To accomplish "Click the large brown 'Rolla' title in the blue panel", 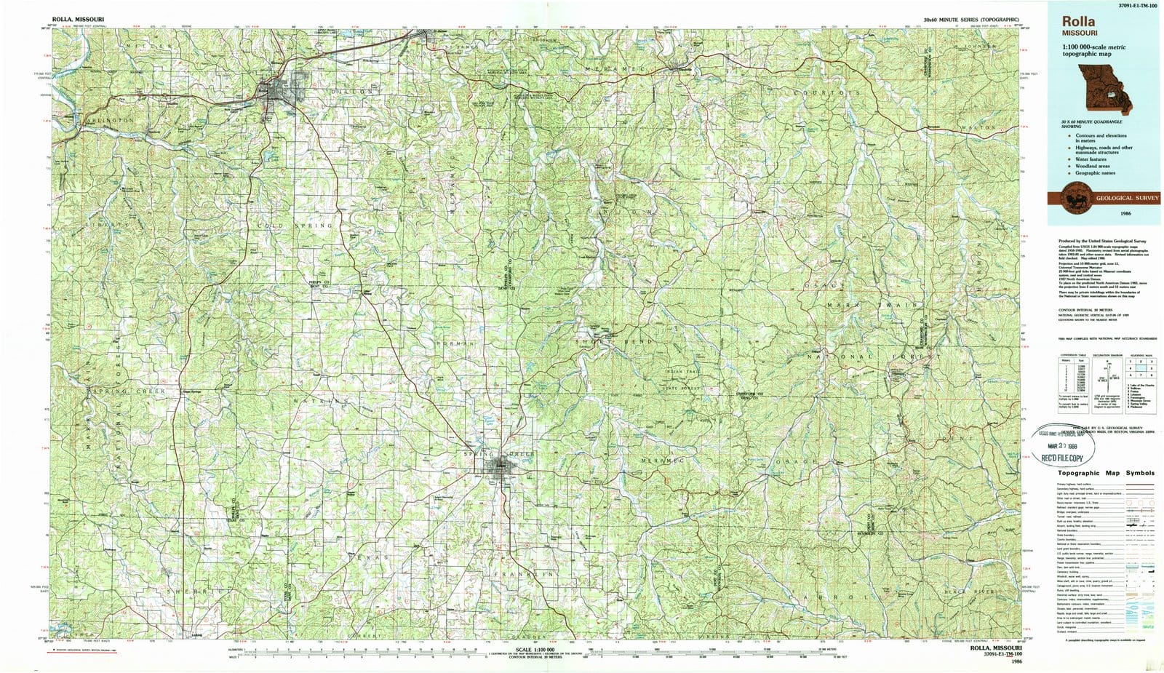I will pos(1078,23).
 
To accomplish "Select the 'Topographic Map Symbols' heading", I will pos(1106,473).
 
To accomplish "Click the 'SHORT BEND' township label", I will pos(615,341).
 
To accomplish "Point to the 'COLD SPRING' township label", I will pos(295,226).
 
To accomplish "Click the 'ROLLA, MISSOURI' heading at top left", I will pos(77,18).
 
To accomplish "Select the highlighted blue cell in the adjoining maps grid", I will pos(1137,367).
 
